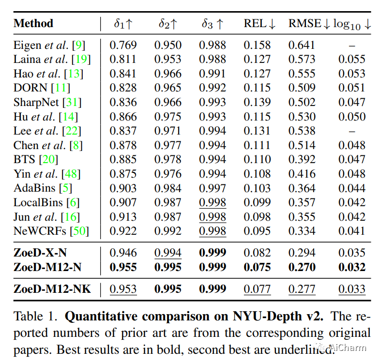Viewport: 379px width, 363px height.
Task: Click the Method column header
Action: (x=33, y=23)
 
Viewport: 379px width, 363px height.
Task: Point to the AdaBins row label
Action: (x=35, y=188)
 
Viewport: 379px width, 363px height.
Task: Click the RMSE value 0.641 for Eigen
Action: (x=302, y=45)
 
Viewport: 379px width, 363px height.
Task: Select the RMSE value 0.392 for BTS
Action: (x=302, y=160)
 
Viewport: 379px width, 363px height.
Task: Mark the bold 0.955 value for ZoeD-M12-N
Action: (x=123, y=267)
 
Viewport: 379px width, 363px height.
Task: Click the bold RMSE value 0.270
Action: (x=302, y=267)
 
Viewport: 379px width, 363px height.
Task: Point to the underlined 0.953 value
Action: (x=123, y=289)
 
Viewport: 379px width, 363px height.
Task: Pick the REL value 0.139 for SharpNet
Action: (x=257, y=102)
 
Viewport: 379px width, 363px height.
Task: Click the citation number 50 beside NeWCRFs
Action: (x=79, y=231)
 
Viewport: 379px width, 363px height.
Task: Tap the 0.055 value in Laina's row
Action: (x=352, y=60)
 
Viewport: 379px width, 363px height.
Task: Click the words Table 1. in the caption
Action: (x=36, y=317)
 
